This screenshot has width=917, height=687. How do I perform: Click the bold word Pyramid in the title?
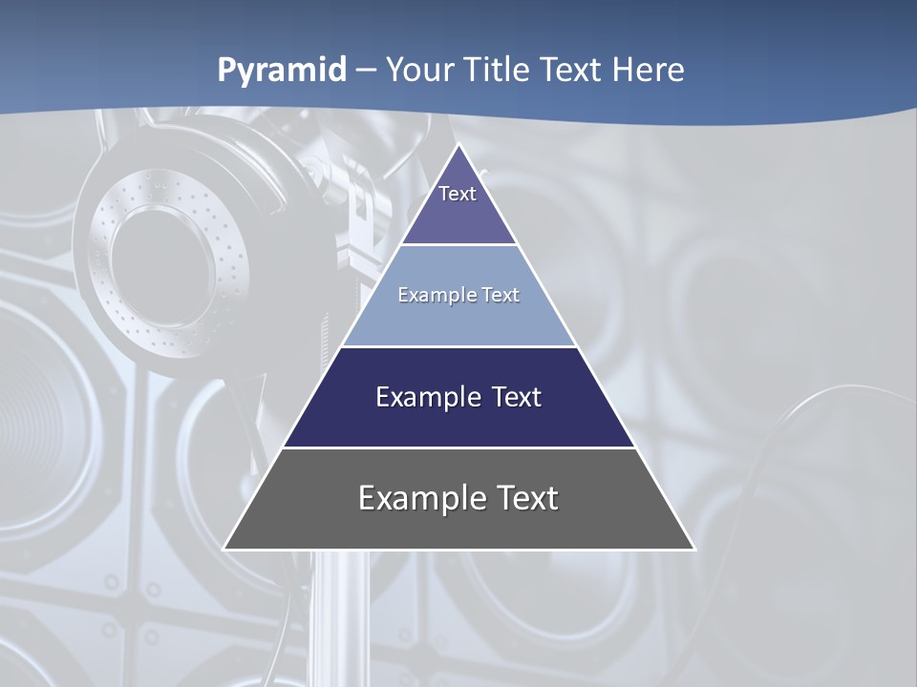[282, 71]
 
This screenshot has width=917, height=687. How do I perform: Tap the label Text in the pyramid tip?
[458, 194]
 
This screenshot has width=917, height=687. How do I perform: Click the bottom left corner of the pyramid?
[225, 549]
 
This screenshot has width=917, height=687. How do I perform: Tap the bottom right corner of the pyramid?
[693, 549]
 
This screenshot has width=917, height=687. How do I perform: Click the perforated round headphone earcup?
[162, 258]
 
